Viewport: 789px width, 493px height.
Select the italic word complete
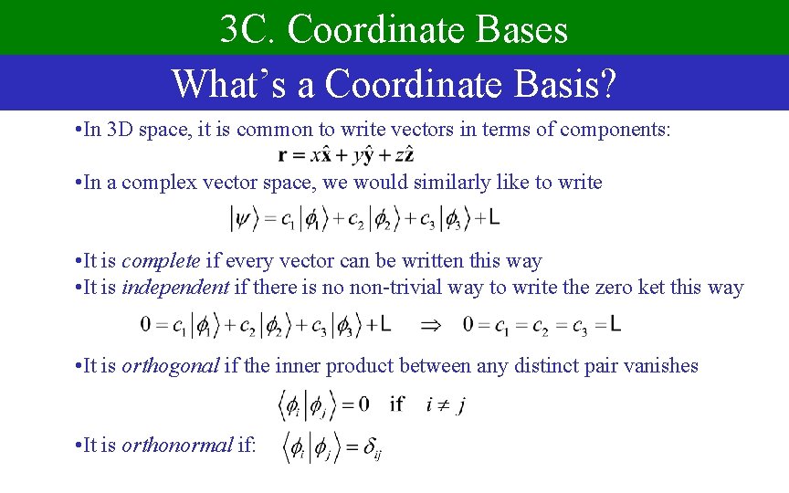tap(161, 261)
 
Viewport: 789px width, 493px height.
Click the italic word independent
tap(175, 287)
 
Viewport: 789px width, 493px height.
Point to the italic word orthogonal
tap(171, 366)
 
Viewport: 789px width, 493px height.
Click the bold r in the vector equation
tap(286, 156)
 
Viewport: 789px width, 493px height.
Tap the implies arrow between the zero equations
tap(430, 324)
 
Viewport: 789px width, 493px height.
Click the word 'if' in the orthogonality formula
tap(396, 404)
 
